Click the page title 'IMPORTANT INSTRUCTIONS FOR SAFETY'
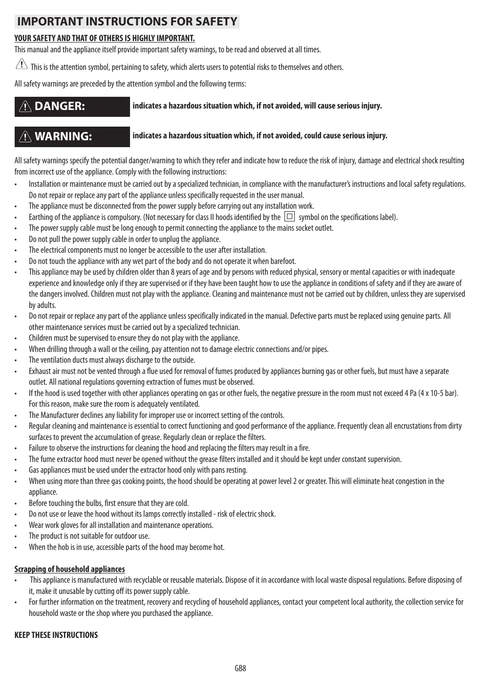tap(127, 22)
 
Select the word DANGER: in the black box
tap(60, 106)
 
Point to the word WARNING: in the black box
tap(63, 136)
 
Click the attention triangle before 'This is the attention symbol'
tap(22, 64)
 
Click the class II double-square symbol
tap(289, 217)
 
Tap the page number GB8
tap(240, 668)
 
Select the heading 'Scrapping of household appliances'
tap(69, 569)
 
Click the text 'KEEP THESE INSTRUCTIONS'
tap(56, 635)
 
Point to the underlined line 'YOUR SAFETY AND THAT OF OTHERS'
tap(105, 39)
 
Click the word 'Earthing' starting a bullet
tap(41, 217)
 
